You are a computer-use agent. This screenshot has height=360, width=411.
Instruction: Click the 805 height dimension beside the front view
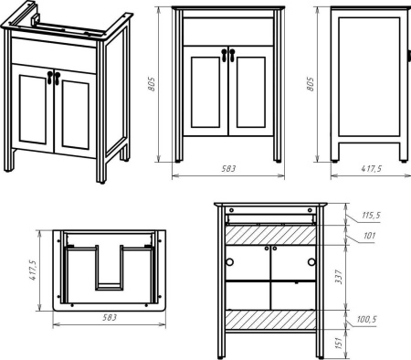click(152, 84)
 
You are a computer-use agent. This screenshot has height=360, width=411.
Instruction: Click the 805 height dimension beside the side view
click(310, 84)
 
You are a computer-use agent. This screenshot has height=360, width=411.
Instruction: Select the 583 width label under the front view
click(228, 168)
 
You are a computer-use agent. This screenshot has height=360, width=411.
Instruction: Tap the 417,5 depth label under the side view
click(371, 168)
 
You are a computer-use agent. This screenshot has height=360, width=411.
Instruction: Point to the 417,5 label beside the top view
click(33, 270)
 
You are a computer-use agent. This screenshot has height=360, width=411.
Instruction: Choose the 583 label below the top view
click(110, 317)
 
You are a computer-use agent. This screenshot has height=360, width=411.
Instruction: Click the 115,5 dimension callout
click(371, 215)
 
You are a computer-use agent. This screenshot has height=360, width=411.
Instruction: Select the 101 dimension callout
click(369, 236)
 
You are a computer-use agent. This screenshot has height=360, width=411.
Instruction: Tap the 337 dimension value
click(339, 277)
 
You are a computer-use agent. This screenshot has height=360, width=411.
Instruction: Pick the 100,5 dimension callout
click(367, 319)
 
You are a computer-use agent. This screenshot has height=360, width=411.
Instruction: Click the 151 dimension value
click(339, 343)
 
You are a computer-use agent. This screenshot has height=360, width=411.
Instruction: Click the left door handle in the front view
click(225, 55)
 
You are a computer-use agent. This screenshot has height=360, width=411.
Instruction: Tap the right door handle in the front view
click(232, 55)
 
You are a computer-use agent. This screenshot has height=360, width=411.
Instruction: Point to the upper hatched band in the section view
click(270, 235)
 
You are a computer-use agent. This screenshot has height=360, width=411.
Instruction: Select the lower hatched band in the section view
click(270, 320)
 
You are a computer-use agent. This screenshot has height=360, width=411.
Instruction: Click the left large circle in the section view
click(230, 262)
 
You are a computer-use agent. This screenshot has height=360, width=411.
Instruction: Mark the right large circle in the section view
click(311, 262)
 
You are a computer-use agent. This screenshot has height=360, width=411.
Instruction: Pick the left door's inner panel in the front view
click(205, 92)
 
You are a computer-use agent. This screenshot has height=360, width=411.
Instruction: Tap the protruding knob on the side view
click(409, 56)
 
